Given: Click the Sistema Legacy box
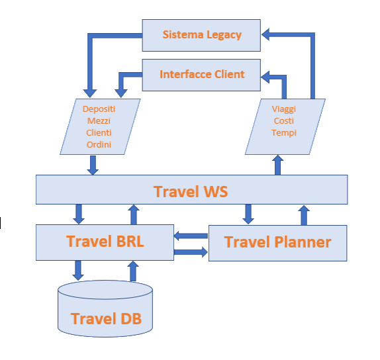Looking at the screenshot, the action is point(201,35).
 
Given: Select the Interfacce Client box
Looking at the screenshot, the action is point(201,75).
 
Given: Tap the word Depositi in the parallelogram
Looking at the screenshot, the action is point(99,109).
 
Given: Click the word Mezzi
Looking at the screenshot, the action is point(99,120).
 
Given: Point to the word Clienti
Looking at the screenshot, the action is point(99,132).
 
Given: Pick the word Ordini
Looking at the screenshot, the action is point(99,144).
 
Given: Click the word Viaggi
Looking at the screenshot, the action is point(284,109).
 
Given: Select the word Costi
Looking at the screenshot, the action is point(284,120).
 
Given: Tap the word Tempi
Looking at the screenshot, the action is point(284,133).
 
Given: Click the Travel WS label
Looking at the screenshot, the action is point(191,192).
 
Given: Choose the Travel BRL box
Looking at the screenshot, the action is point(105,242).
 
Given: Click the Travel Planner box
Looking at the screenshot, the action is point(278,243).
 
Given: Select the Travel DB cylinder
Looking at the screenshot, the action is point(105,308).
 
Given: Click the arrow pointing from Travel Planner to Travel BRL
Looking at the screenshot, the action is point(191,236).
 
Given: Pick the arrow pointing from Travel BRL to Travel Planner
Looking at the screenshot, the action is point(191,252).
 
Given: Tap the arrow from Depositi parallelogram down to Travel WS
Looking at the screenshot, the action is point(93,165).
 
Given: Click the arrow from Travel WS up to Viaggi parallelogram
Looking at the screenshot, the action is point(278,165).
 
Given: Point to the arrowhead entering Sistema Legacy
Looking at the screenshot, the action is point(265,34).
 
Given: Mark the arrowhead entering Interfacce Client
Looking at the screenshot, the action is point(265,77).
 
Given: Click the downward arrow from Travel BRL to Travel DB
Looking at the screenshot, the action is point(78,271).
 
